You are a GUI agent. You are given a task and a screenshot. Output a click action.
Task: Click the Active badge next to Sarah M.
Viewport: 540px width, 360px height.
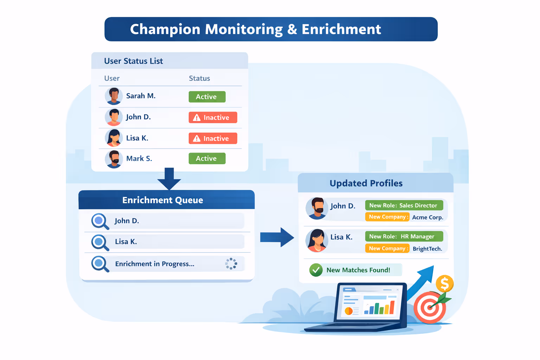pos(207,97)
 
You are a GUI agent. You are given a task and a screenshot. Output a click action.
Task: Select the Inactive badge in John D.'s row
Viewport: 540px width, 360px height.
pos(213,117)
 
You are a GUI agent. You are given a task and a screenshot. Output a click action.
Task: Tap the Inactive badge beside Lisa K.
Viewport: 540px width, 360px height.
pos(213,139)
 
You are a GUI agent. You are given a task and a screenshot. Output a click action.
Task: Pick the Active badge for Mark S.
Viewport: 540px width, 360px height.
pos(207,159)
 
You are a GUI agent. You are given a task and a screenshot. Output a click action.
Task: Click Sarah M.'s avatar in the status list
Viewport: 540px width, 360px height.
pos(114,96)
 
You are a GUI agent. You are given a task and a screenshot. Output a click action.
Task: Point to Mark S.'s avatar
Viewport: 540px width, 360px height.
pos(114,159)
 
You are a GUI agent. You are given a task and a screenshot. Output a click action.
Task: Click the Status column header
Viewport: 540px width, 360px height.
pos(199,78)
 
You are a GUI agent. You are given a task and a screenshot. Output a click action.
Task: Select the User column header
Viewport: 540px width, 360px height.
pos(112,78)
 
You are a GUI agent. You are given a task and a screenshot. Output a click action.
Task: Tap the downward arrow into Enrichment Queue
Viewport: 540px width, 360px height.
pos(169,179)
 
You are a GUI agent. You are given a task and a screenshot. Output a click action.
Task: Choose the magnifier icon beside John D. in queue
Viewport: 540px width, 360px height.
pos(99,221)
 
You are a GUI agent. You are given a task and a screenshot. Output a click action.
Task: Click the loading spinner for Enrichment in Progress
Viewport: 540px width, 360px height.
pos(231,264)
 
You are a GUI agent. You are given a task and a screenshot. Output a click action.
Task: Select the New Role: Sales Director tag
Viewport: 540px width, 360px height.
pos(404,205)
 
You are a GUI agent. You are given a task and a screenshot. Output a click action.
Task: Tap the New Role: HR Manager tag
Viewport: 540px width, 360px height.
pos(404,237)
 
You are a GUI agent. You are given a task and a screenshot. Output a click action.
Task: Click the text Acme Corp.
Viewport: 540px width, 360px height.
pos(427,217)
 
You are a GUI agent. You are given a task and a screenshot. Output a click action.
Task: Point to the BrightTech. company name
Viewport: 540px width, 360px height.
pos(427,249)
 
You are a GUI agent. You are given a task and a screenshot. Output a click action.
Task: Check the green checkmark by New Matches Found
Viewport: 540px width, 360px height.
pos(316,270)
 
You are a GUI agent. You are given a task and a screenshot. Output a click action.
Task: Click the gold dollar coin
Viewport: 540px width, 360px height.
pos(444,283)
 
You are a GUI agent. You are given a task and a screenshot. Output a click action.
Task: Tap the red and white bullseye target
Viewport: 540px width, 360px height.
pos(430,308)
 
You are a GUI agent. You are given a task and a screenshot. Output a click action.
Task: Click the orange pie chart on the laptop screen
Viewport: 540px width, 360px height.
pos(348,311)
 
